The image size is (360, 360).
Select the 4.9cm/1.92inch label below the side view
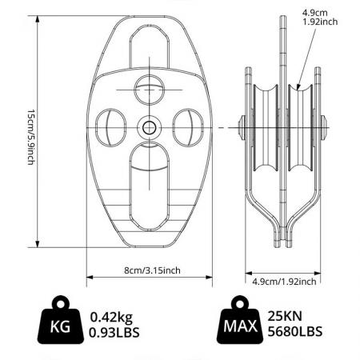pos(283,281)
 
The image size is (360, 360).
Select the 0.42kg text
pos(113,316)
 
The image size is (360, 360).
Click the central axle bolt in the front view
pos(150,126)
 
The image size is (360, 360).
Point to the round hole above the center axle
pos(150,88)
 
